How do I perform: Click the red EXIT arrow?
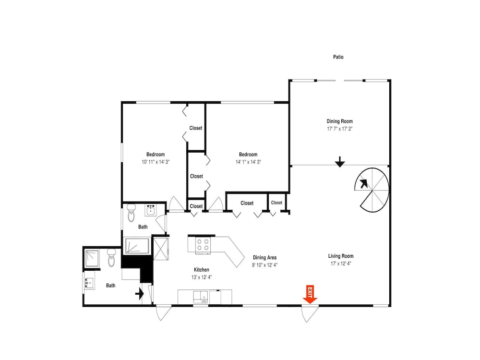[310, 294]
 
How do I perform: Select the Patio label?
[338, 57]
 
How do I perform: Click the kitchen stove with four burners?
[203, 245]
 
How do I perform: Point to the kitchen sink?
[201, 297]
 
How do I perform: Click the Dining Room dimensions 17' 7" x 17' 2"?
[339, 129]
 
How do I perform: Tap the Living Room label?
[341, 256]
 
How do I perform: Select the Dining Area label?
[265, 257]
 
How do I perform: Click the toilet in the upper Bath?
[132, 213]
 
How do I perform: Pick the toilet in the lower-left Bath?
[111, 257]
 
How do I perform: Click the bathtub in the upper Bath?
[137, 246]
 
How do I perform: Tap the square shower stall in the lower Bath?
[92, 258]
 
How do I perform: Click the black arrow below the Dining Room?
[340, 162]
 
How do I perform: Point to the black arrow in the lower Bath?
[140, 294]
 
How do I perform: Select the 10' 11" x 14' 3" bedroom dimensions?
[156, 162]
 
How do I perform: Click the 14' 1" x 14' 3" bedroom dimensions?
[248, 162]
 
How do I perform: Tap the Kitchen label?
[202, 270]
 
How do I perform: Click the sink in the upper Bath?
[151, 210]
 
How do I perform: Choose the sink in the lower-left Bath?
[89, 284]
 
